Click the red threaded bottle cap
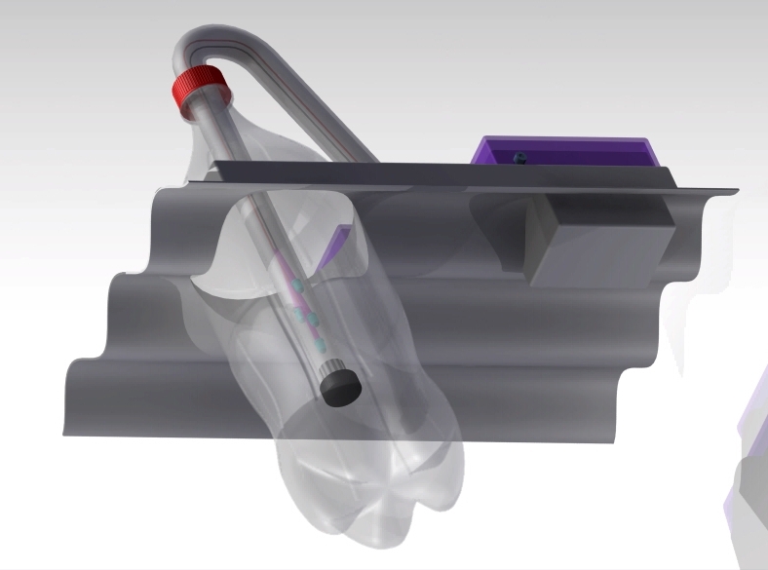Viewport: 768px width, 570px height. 200,89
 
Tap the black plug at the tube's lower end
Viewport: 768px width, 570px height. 340,387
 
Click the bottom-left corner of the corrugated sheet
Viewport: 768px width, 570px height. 66,431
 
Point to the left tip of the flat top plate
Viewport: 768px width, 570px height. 193,179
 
